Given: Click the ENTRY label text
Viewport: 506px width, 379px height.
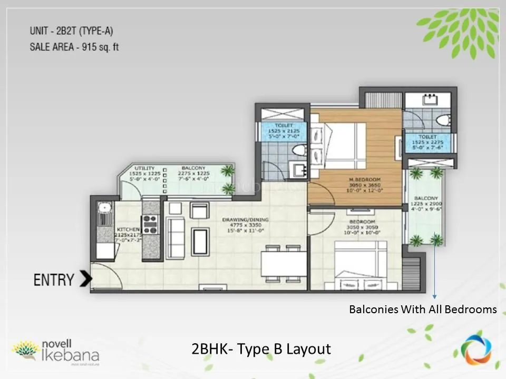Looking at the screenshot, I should click(54, 280).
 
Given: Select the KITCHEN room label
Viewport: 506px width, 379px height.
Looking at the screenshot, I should click(128, 230).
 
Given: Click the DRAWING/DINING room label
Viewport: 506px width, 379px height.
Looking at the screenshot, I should click(245, 220).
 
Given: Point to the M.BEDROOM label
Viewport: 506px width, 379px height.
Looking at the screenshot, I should click(364, 180).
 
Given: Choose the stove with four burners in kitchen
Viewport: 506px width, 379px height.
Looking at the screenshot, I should click(150, 224).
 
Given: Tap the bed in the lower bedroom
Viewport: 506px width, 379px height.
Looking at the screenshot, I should click(359, 266).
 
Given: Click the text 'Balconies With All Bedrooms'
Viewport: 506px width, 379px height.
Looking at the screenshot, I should click(423, 310).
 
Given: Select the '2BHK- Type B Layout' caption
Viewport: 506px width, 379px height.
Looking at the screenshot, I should click(261, 348).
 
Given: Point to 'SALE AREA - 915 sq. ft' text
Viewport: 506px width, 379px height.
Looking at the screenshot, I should click(74, 47).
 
